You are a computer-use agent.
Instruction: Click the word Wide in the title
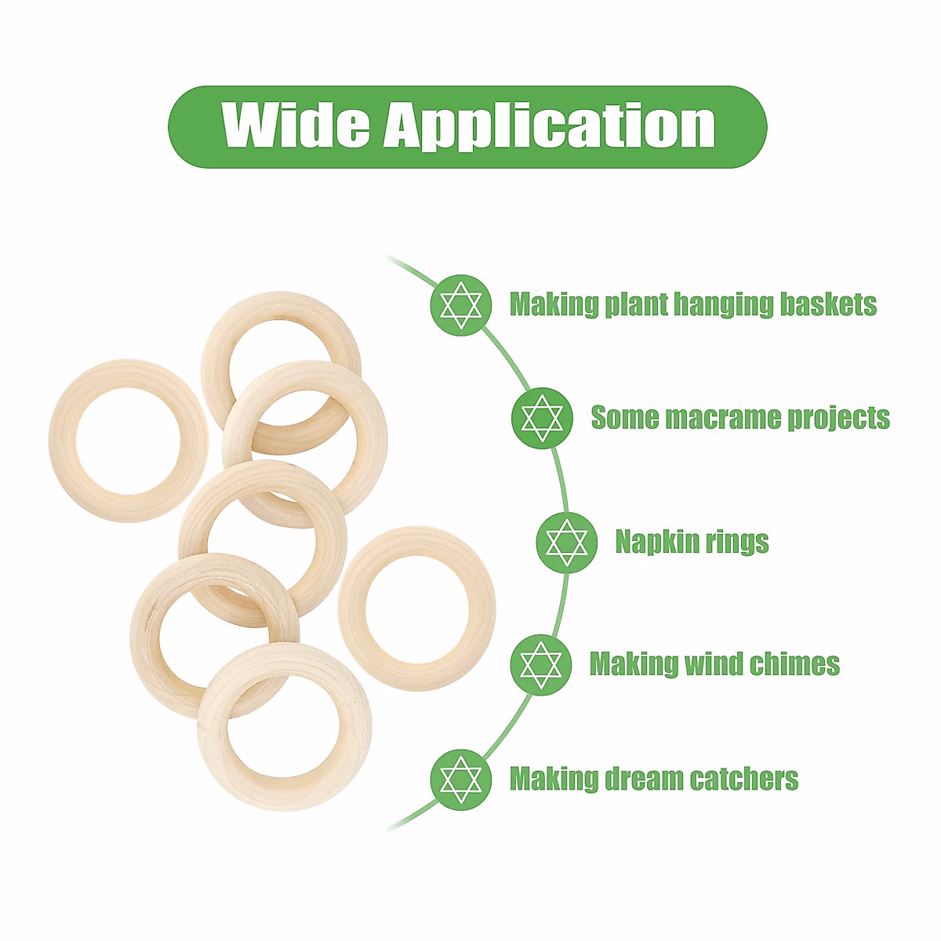[296, 125]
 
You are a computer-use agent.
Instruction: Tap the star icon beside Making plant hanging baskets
[461, 305]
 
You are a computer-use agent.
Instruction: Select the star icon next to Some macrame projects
[543, 418]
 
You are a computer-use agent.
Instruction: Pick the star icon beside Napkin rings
[567, 542]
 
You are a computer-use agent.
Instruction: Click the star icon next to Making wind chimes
[541, 665]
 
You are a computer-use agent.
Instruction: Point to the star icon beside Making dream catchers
[461, 779]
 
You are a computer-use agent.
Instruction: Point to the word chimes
[794, 664]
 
